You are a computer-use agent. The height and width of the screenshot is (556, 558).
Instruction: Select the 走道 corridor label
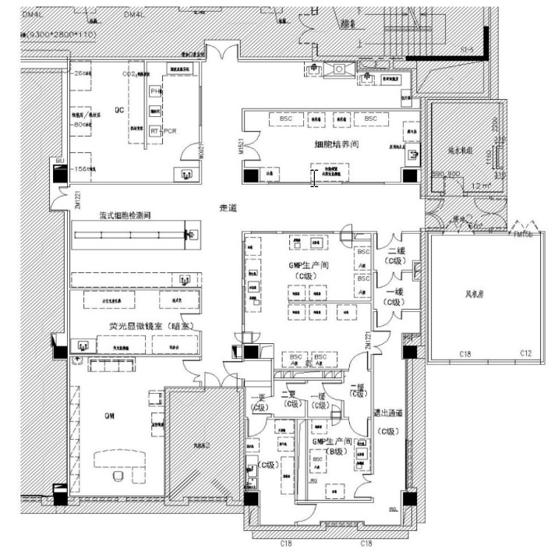click(228, 208)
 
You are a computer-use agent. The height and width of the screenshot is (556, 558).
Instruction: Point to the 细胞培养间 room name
click(337, 144)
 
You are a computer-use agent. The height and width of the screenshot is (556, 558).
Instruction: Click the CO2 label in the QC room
click(130, 73)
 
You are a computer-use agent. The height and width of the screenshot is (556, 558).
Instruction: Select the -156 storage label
click(82, 168)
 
